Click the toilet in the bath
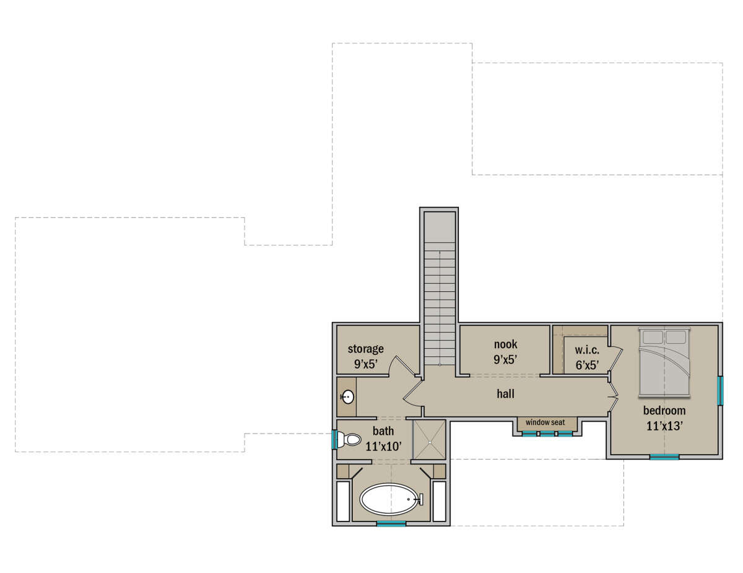click(349, 439)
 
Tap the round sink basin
click(348, 397)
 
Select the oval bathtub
click(389, 499)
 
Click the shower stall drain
click(430, 442)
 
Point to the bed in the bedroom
click(664, 362)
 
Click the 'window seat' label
click(545, 422)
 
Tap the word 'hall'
click(505, 394)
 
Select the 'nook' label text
click(505, 344)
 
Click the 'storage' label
click(365, 349)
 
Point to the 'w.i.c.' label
click(587, 350)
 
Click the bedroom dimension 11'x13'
click(664, 426)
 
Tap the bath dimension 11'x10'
click(383, 447)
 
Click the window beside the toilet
click(334, 440)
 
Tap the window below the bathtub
click(391, 523)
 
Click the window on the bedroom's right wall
click(719, 391)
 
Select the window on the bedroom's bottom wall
click(664, 457)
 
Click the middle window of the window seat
click(547, 434)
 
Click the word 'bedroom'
click(664, 411)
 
